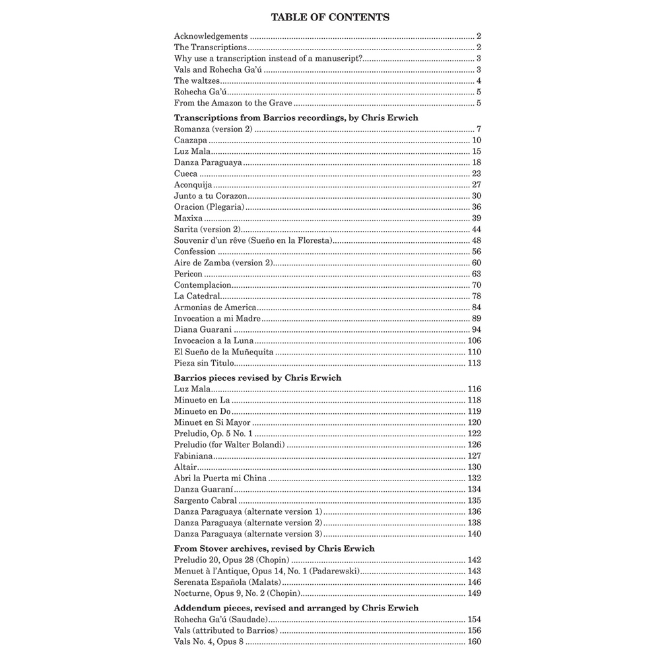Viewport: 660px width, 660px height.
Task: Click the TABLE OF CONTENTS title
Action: pyautogui.click(x=329, y=18)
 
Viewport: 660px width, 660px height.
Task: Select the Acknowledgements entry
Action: pyautogui.click(x=211, y=36)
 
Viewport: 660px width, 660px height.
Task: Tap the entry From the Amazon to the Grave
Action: pyautogui.click(x=233, y=104)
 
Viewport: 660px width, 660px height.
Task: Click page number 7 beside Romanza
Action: pyautogui.click(x=478, y=129)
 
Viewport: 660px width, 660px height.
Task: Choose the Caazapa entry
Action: pyautogui.click(x=191, y=140)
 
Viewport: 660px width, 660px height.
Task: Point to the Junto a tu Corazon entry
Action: pyautogui.click(x=211, y=196)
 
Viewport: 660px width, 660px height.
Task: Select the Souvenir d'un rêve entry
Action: pyautogui.click(x=253, y=240)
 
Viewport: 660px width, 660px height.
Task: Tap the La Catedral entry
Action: pyautogui.click(x=197, y=296)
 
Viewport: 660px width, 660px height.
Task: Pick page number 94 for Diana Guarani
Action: pyautogui.click(x=476, y=330)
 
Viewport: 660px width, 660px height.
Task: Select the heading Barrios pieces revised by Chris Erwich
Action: pyautogui.click(x=257, y=378)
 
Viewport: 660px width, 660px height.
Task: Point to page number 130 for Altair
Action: pyautogui.click(x=474, y=467)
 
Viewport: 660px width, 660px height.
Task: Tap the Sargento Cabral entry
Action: pyautogui.click(x=205, y=500)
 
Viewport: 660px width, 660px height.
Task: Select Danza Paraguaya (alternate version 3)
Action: pyautogui.click(x=248, y=534)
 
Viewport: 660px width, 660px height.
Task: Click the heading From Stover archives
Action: pyautogui.click(x=274, y=548)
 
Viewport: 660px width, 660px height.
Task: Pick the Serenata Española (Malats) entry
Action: pyautogui.click(x=228, y=582)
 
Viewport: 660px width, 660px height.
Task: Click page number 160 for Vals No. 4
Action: pyautogui.click(x=474, y=642)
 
